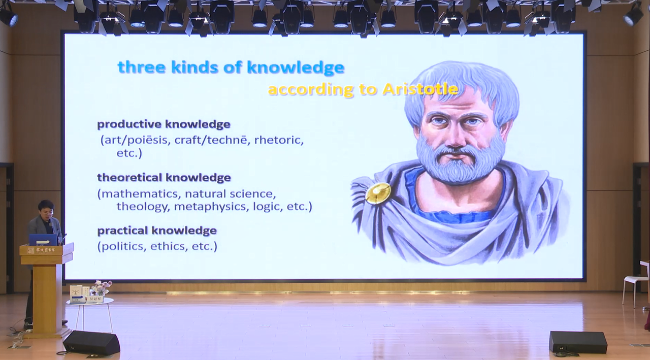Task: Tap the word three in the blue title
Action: (142, 68)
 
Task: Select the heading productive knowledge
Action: (164, 124)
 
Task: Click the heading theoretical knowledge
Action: (164, 178)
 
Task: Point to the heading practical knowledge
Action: (157, 231)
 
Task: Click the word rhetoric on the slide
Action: (279, 140)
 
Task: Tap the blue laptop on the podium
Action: (43, 240)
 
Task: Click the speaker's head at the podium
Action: (46, 209)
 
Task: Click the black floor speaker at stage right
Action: (578, 342)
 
